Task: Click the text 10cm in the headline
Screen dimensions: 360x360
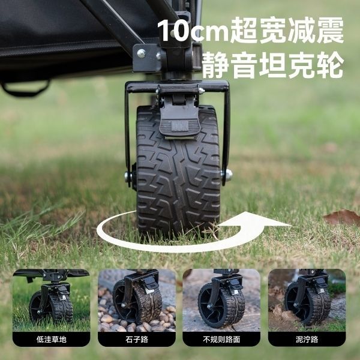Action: pos(193,30)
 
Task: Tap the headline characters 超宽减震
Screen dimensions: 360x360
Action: pos(287,31)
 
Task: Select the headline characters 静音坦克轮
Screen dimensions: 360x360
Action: pos(273,65)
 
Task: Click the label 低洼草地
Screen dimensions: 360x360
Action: pos(51,340)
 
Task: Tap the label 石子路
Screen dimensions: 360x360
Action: pos(137,340)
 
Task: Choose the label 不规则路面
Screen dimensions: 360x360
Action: pos(221,340)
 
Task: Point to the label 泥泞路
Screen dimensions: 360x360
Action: pos(307,340)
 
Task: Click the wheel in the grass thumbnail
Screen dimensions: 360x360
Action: pos(51,307)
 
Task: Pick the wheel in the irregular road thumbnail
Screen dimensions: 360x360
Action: pos(221,305)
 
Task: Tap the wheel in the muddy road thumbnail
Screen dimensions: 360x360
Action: pos(308,303)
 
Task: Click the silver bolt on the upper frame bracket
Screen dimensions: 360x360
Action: pos(141,53)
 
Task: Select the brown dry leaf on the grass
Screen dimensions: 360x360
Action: pos(342,217)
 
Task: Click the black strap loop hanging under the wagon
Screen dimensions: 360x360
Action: pos(26,88)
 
